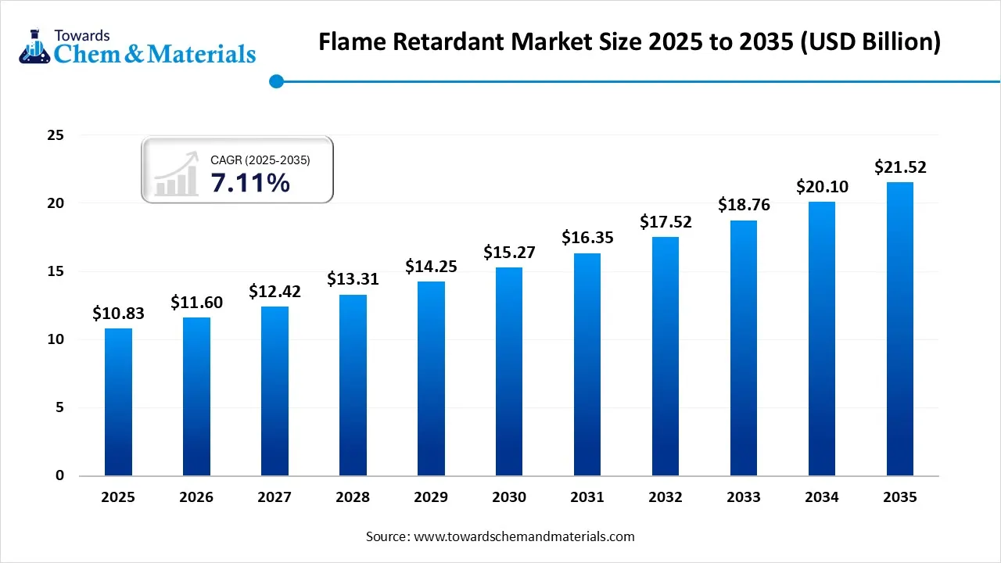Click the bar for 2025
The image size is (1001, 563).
[118, 402]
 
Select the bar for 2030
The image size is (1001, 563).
[509, 371]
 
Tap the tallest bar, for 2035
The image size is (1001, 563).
[899, 328]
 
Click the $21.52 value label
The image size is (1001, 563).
[900, 167]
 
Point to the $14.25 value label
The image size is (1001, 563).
[431, 266]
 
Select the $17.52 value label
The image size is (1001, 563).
[666, 221]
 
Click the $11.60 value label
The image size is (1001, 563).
[196, 302]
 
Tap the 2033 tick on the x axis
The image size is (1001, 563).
[743, 497]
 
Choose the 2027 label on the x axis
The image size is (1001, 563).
[274, 497]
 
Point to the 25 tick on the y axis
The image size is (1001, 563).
[55, 135]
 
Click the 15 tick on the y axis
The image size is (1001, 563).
[55, 271]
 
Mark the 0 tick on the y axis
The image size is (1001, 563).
[59, 475]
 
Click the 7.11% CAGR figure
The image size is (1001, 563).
[250, 183]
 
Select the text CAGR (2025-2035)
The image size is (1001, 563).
[260, 160]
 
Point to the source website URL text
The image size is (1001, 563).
[523, 536]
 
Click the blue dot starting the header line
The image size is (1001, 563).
[276, 81]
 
